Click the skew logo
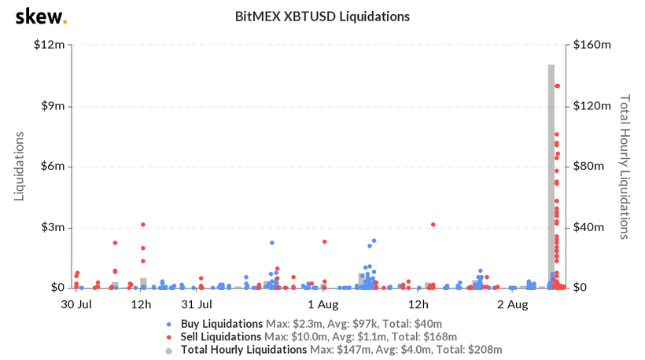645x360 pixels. pos(41,17)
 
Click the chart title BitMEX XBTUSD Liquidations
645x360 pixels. pos(322,17)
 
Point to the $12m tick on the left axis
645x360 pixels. pos(49,45)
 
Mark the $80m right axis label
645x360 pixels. pos(591,167)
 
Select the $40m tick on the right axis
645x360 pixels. pos(591,227)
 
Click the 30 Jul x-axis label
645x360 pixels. pos(76,303)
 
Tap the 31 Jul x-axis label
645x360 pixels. pos(197,303)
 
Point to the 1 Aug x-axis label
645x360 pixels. pos(322,303)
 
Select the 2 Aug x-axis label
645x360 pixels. pos(517,303)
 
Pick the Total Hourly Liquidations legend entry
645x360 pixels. pos(245,349)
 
